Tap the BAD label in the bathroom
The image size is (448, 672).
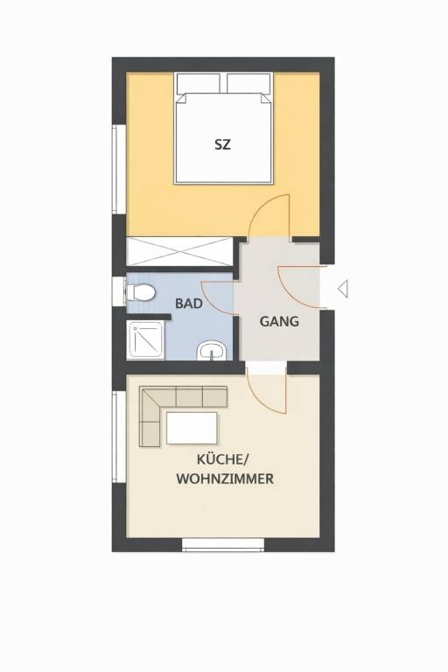tap(189, 304)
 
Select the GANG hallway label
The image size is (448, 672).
tap(279, 321)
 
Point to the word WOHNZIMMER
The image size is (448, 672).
tap(225, 479)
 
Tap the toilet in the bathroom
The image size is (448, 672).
tap(143, 293)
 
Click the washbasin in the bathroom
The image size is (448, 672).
tap(211, 351)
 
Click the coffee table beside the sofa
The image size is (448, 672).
tap(192, 429)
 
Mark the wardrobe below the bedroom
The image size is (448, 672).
tap(181, 251)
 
